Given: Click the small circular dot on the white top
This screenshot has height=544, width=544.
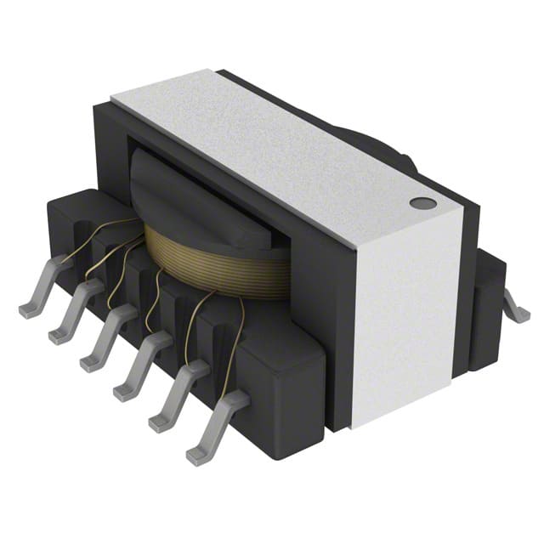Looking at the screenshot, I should click(422, 203).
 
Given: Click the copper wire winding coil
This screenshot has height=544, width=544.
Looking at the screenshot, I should click(212, 263).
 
